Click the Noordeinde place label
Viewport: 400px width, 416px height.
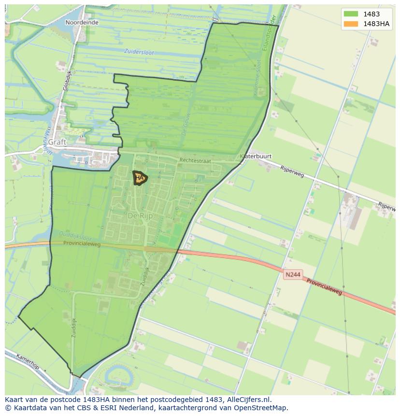[x=82, y=22]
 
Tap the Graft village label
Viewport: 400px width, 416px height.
[x=57, y=142]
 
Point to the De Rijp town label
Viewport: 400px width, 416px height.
[x=140, y=216]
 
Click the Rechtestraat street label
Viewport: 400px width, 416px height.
[x=195, y=160]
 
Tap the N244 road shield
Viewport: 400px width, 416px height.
[x=293, y=274]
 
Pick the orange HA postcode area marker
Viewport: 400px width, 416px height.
[x=140, y=178]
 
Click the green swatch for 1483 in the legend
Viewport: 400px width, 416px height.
[x=351, y=14]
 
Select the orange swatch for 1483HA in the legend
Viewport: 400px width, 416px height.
[x=351, y=24]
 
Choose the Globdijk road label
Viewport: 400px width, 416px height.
[x=67, y=80]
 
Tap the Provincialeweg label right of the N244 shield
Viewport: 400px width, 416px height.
[x=324, y=286]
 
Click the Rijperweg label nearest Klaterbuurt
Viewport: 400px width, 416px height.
[x=292, y=171]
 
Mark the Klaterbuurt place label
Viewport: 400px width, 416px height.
[x=256, y=157]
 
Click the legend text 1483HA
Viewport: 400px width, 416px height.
[x=377, y=24]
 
